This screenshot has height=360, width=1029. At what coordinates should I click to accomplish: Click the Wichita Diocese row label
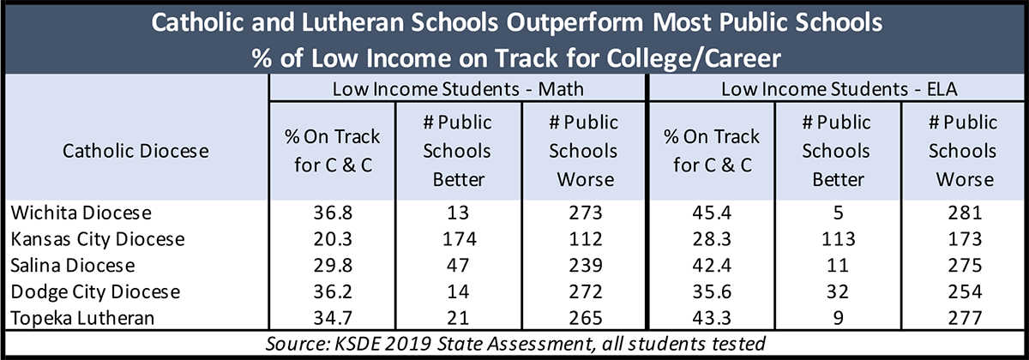(x=81, y=213)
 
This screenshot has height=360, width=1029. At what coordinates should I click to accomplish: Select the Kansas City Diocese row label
(x=98, y=239)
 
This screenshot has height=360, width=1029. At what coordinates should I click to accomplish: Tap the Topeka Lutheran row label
(x=82, y=318)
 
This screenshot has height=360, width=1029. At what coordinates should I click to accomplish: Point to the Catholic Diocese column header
(x=135, y=151)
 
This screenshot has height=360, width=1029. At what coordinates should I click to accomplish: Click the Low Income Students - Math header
(x=458, y=89)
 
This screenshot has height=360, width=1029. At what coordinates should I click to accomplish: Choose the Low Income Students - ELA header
(x=839, y=89)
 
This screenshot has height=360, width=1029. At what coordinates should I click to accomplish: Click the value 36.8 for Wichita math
(x=333, y=213)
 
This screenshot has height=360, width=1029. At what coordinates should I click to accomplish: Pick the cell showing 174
(x=460, y=239)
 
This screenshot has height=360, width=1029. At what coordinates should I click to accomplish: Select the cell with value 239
(x=585, y=266)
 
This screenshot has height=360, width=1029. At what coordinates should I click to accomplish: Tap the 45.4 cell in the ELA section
(x=712, y=213)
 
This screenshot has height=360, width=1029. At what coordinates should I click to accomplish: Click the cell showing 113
(x=839, y=239)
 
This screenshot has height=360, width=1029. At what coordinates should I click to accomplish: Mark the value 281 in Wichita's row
(x=965, y=213)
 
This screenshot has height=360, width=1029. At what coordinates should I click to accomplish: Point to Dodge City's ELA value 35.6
(x=712, y=292)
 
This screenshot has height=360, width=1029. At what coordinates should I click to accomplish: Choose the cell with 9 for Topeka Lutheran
(x=839, y=318)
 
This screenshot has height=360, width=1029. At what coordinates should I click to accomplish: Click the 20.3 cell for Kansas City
(x=333, y=239)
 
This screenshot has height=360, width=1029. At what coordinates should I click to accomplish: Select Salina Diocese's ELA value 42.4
(x=712, y=266)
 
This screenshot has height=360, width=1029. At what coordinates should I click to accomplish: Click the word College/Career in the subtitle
(x=694, y=58)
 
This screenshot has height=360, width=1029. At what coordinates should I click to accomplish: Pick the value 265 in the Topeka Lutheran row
(x=585, y=318)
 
